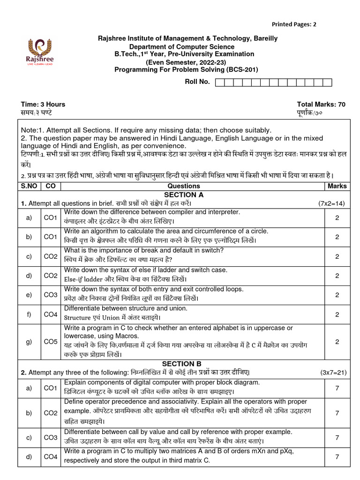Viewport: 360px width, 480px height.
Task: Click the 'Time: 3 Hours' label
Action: [x=43, y=104]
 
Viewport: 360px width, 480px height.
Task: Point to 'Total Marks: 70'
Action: [x=321, y=104]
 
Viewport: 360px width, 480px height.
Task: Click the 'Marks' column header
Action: [x=337, y=186]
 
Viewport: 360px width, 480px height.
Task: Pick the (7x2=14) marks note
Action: [x=332, y=204]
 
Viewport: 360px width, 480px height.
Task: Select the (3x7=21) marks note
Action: [x=333, y=373]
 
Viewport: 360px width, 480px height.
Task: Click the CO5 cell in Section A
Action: [x=50, y=341]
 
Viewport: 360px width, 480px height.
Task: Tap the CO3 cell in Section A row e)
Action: [x=50, y=294]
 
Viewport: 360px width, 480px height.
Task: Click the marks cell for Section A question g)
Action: [x=337, y=341]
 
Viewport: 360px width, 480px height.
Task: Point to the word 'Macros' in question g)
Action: [x=126, y=336]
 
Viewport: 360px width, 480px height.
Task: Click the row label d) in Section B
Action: [x=29, y=456]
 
